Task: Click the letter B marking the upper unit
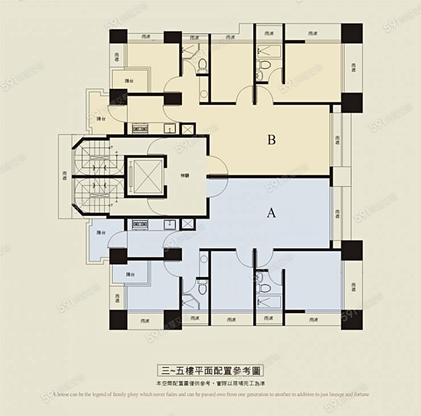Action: [272, 140]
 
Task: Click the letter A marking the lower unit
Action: [271, 213]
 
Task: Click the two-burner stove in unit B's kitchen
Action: [139, 128]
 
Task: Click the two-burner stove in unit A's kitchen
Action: [139, 224]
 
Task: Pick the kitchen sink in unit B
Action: [168, 128]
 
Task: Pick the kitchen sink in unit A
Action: [168, 224]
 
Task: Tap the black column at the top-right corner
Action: [351, 33]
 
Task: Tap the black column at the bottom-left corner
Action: [118, 320]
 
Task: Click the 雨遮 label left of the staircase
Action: [65, 176]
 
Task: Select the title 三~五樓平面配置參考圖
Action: [210, 370]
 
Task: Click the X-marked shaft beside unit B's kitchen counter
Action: [187, 128]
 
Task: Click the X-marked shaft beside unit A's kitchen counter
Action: [187, 224]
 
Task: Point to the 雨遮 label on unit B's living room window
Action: [338, 139]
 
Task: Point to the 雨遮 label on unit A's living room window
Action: [338, 213]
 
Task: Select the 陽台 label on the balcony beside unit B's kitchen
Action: [100, 119]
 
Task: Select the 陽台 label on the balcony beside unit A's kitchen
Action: [100, 233]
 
